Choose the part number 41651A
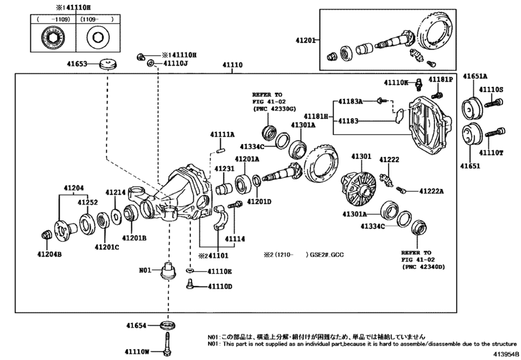tap(476, 76)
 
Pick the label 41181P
tap(441, 79)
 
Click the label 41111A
tap(222, 134)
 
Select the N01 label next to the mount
tap(146, 271)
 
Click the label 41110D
tap(219, 286)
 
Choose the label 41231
tap(225, 168)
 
